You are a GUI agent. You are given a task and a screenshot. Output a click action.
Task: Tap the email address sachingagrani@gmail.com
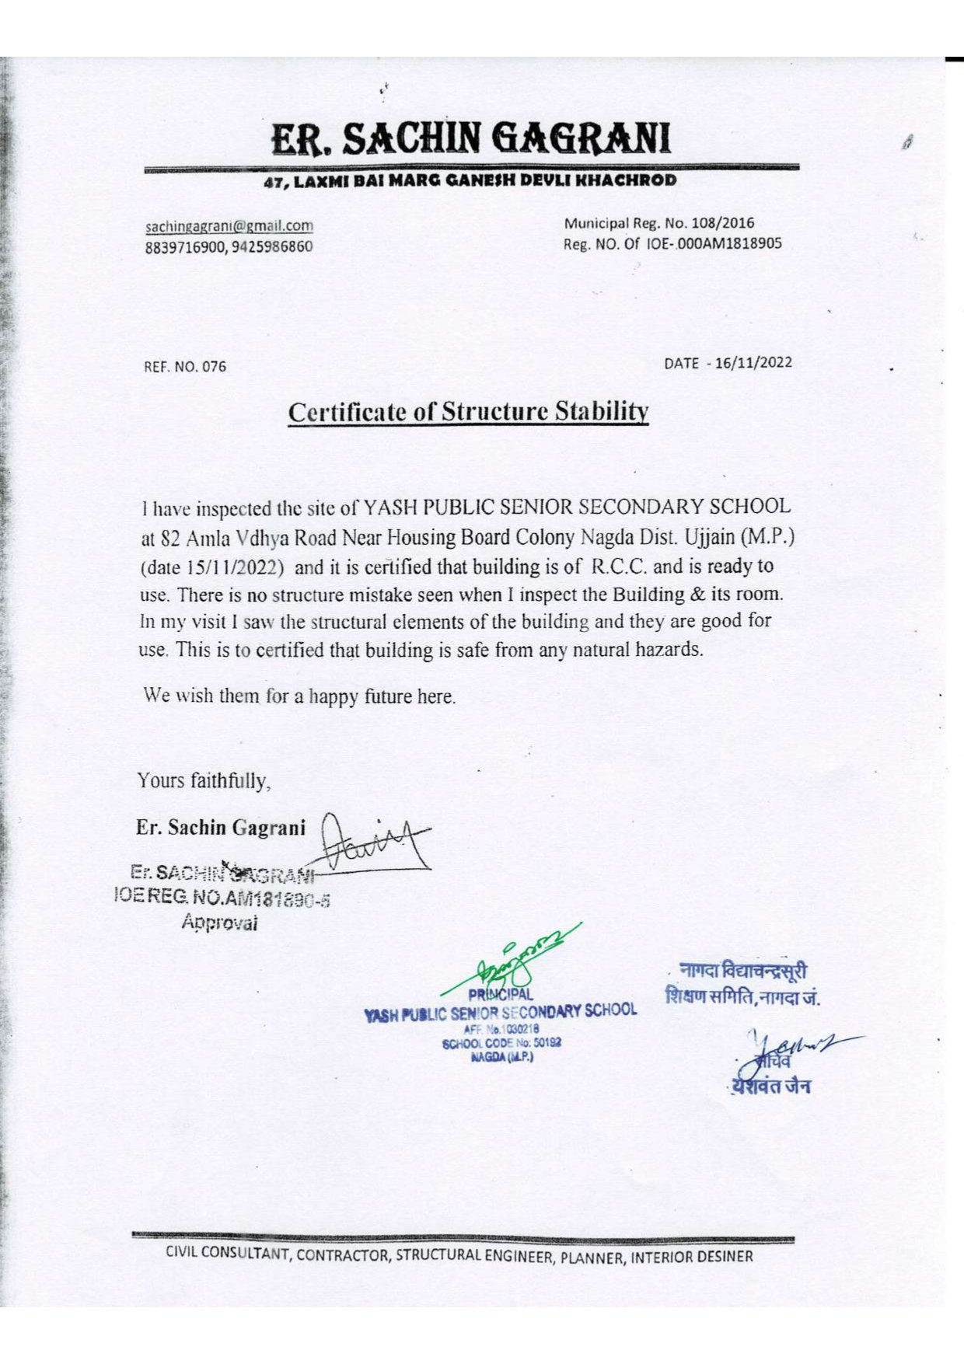229,226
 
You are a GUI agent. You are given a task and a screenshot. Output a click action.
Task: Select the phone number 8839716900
185,247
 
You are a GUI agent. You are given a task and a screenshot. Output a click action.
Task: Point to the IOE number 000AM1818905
728,243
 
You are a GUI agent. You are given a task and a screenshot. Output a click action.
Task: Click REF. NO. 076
185,366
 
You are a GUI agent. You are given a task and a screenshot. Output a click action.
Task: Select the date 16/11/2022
753,362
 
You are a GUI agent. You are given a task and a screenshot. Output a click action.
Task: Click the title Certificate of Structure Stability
468,412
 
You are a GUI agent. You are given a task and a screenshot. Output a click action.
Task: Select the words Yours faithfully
204,780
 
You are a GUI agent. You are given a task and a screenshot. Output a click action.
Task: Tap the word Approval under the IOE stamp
218,923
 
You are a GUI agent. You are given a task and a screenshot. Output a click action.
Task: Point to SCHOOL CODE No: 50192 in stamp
501,1043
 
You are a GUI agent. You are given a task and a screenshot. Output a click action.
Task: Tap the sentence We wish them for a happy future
299,696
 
